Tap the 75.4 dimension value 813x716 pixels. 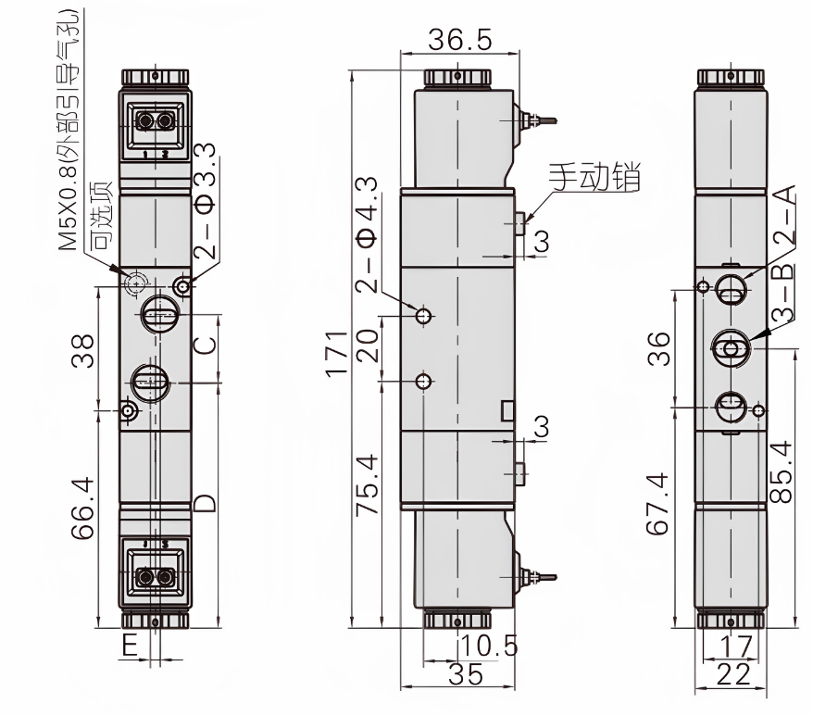368,484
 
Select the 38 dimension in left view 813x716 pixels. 82,351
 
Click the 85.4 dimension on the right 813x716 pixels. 783,471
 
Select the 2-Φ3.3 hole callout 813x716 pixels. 206,199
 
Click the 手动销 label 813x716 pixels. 594,177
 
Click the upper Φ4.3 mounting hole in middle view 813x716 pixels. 424,316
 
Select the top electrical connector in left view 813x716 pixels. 155,122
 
